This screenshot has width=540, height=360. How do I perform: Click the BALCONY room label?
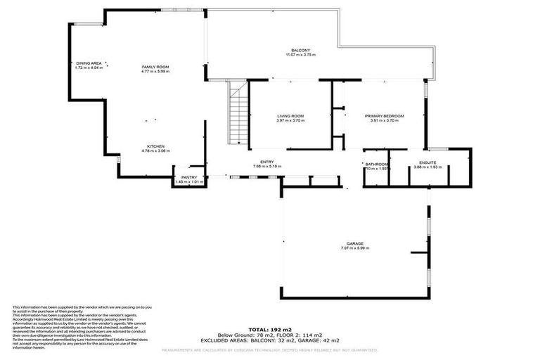(x=300, y=51)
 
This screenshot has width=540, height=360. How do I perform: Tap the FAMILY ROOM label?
(x=155, y=67)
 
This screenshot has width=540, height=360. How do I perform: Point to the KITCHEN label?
(x=155, y=147)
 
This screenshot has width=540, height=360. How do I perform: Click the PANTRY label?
(x=188, y=177)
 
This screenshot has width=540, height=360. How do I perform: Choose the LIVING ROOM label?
(x=290, y=116)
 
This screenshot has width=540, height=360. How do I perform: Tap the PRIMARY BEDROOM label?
(x=384, y=116)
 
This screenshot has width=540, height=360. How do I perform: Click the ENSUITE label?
(x=427, y=162)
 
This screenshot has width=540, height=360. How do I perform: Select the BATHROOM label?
(x=377, y=164)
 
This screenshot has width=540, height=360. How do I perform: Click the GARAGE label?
(x=354, y=244)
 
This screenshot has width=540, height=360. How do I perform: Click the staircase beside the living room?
(x=239, y=112)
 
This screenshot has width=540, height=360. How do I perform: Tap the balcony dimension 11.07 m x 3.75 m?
(x=300, y=55)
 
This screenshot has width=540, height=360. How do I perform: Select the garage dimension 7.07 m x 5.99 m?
(x=354, y=248)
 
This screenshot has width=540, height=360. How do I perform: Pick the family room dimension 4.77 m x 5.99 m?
(x=155, y=71)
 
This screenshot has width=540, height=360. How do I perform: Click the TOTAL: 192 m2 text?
(x=270, y=329)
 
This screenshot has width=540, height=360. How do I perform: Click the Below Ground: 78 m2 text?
(x=243, y=334)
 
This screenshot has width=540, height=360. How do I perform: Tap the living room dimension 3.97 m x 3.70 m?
(x=290, y=120)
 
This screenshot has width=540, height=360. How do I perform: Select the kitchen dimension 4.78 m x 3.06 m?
(x=155, y=151)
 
